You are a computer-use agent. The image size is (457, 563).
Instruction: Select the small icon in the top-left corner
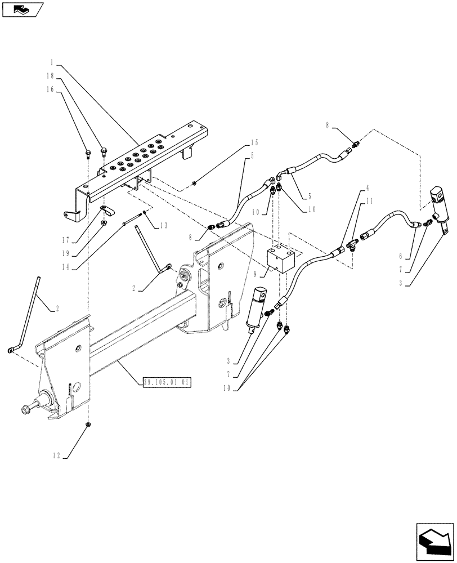[x=22, y=9]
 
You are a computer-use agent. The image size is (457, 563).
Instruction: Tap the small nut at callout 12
[x=88, y=423]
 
